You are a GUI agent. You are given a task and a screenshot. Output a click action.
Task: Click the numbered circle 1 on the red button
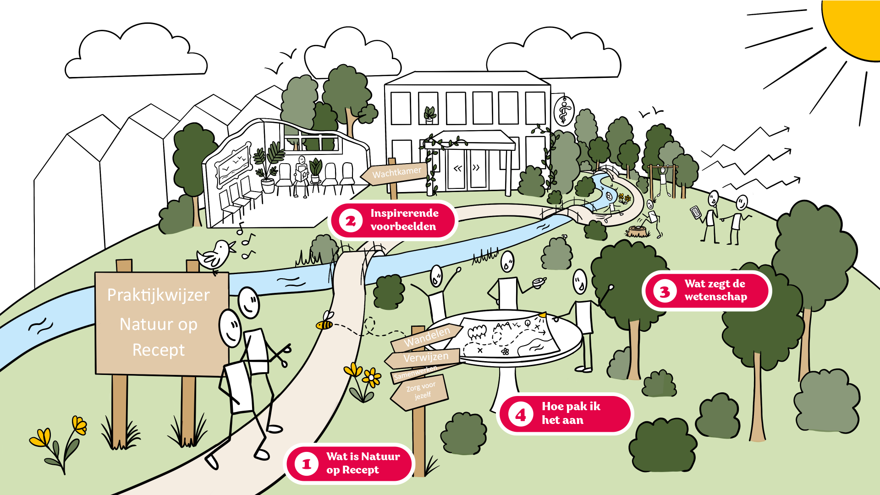[307, 464]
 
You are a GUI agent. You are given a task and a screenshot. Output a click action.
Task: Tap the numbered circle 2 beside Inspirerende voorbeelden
[351, 221]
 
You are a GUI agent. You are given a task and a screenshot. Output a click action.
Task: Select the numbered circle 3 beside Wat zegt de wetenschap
[665, 291]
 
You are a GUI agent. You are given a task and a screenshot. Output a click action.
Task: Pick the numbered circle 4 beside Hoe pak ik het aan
[521, 414]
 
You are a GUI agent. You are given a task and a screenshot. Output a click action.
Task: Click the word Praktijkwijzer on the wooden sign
[159, 295]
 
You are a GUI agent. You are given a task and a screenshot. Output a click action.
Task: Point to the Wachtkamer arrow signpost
[395, 173]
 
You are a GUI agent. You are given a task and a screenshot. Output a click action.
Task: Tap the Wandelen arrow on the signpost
[426, 337]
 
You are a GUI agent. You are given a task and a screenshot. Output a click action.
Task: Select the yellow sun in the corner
[855, 25]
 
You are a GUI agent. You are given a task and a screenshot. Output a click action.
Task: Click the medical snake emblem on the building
[564, 111]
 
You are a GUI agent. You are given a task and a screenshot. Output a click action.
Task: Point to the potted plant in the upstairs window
[429, 115]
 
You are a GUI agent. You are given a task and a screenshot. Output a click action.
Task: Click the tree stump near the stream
[638, 231]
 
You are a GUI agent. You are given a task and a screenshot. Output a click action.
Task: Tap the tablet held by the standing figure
[696, 212]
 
